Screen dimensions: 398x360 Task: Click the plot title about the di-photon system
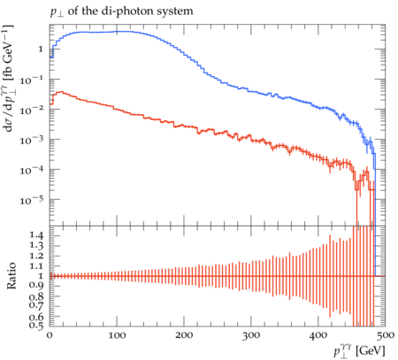[x=121, y=11]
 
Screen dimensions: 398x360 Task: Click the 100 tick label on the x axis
[x=117, y=335]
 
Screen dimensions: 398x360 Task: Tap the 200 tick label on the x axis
[x=184, y=335]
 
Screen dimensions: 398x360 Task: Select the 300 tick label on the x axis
[x=251, y=335]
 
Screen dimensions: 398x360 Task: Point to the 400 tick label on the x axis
[x=318, y=335]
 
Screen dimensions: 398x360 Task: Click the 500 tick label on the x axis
[x=386, y=335]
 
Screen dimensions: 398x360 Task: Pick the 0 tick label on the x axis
[x=50, y=335]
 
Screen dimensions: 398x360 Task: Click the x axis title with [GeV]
[x=359, y=351]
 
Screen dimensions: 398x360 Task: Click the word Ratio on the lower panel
[x=11, y=276]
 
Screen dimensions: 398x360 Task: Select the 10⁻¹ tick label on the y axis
[x=32, y=80]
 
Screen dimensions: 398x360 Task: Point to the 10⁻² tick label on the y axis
[x=32, y=110]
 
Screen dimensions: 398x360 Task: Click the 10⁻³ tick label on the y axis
[x=32, y=140]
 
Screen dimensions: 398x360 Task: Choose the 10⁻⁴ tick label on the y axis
[x=32, y=170]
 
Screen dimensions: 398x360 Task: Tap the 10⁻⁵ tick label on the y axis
[x=32, y=200]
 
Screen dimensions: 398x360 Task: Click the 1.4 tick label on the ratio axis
[x=36, y=235]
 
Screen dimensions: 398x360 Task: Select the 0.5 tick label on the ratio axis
[x=36, y=326]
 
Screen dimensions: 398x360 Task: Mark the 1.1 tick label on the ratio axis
[x=36, y=265]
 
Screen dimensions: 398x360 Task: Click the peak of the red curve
[x=60, y=92]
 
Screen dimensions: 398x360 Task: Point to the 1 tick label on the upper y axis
[x=41, y=49]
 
